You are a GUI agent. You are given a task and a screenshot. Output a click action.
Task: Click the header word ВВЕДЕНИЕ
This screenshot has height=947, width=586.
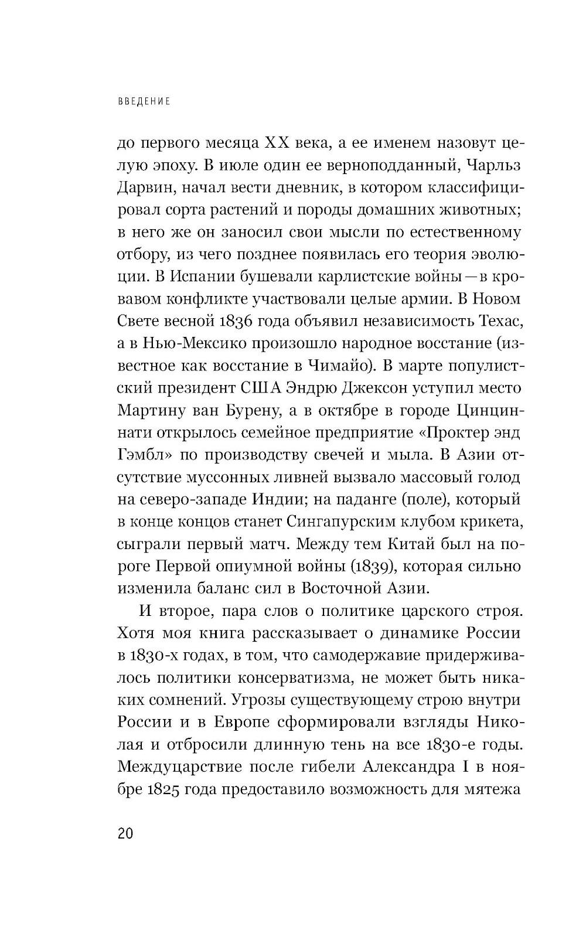tap(144, 101)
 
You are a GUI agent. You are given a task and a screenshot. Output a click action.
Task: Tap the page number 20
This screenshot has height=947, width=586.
tap(125, 833)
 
